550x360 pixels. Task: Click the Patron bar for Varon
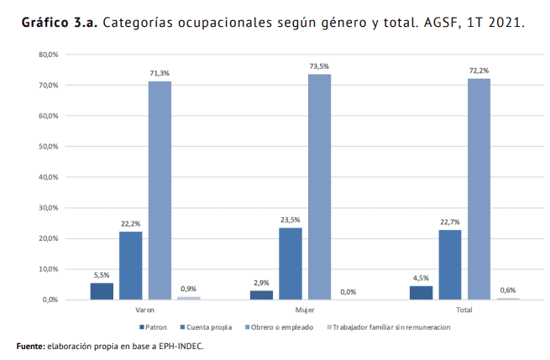[102, 290]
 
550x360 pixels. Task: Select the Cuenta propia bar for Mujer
[291, 263]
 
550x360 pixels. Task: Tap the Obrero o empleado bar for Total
[479, 189]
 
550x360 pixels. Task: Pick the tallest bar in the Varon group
[160, 190]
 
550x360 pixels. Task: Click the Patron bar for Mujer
[261, 295]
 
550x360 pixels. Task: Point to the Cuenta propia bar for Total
[450, 264]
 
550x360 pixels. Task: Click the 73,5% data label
[319, 65]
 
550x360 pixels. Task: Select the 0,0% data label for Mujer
[348, 291]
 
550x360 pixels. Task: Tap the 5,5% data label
[102, 274]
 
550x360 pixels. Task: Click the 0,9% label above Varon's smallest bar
[189, 289]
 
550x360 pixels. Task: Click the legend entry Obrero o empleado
[282, 327]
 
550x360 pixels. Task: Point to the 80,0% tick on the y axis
[48, 55]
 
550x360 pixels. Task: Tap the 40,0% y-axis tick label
[48, 177]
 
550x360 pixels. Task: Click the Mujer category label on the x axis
[305, 310]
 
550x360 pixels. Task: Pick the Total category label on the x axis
[464, 310]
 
